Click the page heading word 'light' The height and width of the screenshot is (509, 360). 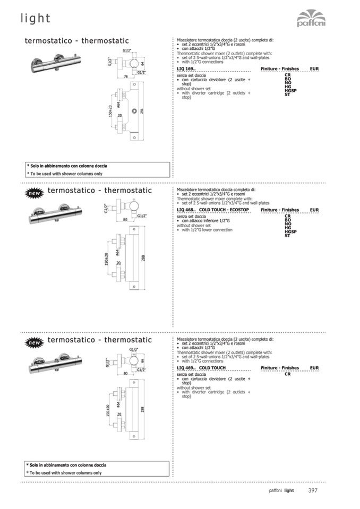[x=36, y=19]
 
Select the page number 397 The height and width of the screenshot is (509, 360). [x=313, y=490]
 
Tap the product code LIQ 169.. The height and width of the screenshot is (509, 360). [x=186, y=69]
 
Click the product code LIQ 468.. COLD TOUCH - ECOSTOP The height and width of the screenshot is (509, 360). [x=213, y=210]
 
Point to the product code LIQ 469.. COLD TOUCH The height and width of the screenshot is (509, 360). [x=201, y=368]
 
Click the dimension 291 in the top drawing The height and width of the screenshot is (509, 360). [x=142, y=110]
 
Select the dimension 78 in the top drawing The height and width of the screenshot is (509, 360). [x=126, y=77]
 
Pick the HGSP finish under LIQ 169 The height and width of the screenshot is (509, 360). [x=290, y=91]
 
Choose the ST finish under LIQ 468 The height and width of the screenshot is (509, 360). [x=287, y=236]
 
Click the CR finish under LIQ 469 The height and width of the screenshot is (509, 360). [x=287, y=374]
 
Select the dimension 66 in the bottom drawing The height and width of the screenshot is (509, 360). [x=142, y=359]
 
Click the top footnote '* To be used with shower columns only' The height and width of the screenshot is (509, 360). [x=65, y=174]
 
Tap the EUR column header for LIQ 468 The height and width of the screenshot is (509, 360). [x=314, y=210]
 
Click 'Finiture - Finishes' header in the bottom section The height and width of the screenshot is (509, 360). [x=280, y=368]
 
